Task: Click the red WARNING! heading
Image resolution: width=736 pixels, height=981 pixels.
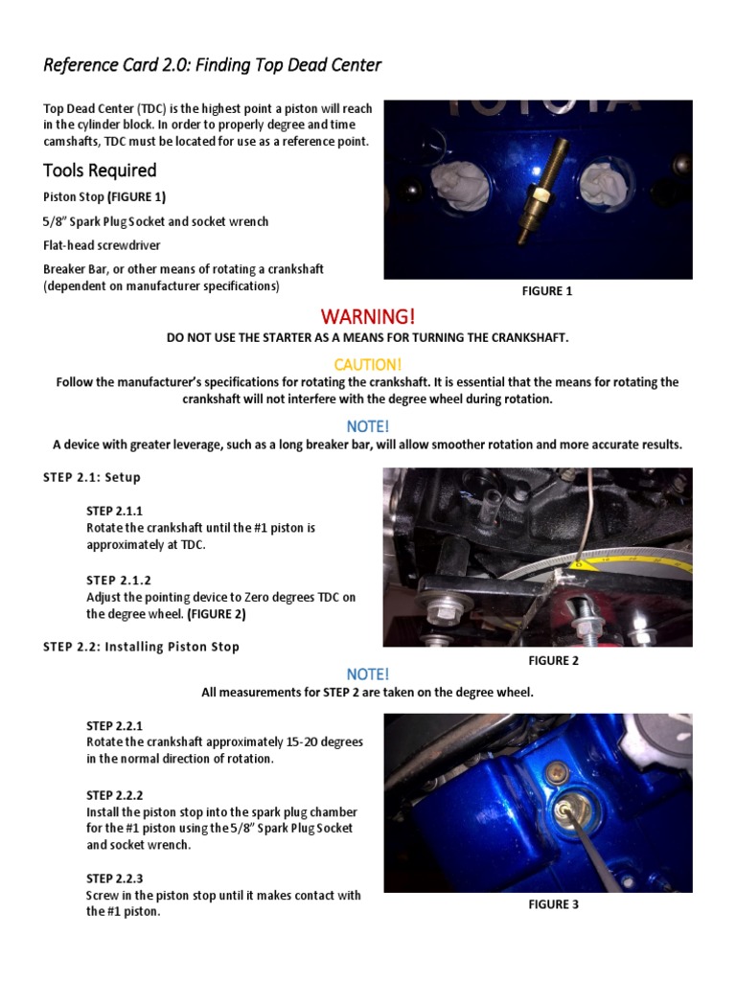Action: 368,317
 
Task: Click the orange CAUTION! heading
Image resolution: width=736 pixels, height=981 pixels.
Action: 368,364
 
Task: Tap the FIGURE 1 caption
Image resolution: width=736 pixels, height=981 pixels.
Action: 547,291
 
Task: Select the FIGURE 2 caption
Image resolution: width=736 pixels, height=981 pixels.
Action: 553,660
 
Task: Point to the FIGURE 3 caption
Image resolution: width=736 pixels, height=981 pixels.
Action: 553,903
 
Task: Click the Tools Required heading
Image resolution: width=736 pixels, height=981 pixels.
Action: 100,171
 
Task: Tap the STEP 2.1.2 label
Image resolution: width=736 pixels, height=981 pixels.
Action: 120,581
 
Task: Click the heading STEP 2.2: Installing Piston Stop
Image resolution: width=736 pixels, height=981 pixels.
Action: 141,647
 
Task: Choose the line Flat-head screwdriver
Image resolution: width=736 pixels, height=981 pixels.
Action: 102,245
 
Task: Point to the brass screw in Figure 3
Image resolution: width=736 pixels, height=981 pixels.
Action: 557,771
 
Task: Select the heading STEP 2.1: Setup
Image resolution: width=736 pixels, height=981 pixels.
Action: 92,477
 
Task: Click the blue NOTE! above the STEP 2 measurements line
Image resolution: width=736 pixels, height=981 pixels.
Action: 368,674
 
